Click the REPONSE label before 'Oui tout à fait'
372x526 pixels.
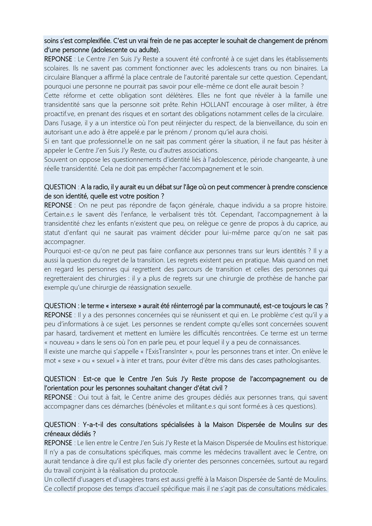pyautogui.click(x=58, y=397)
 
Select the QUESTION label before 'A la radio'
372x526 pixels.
pyautogui.click(x=60, y=187)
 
